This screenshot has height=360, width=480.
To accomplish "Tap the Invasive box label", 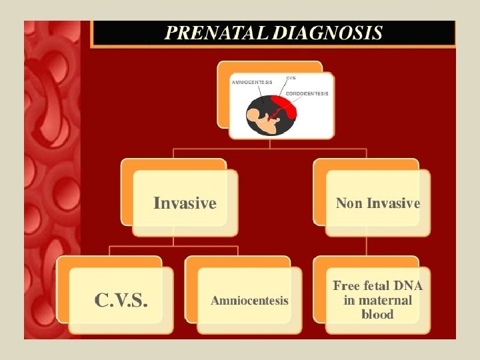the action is [185, 203].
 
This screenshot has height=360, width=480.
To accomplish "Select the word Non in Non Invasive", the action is [349, 203].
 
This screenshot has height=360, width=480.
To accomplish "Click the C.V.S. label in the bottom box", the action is [121, 301].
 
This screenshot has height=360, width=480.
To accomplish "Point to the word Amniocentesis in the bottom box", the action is [249, 301].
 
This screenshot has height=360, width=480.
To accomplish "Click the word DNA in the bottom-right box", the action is [407, 285].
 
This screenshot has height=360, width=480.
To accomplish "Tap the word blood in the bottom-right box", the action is [377, 314].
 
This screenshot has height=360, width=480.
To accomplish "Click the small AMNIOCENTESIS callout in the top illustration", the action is [251, 82].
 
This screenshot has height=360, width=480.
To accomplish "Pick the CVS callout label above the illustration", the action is [291, 78].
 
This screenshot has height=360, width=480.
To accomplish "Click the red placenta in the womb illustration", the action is [285, 107].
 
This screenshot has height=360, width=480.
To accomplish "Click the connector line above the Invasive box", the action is [173, 153].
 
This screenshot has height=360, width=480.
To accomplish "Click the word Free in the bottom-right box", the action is [346, 285].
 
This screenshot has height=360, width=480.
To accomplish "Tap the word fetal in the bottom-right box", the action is [377, 285].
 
